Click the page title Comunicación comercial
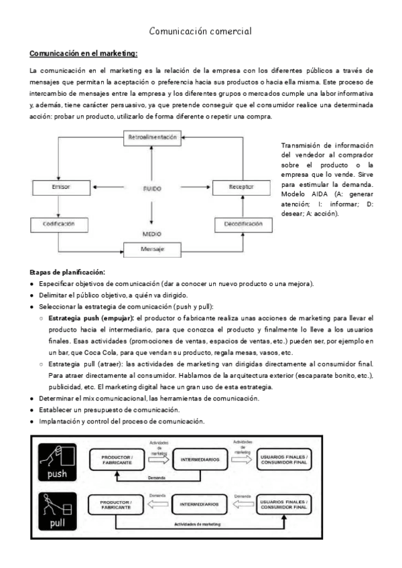[200, 31]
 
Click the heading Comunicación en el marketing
[84, 53]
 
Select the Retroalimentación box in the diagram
[152, 137]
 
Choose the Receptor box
[241, 187]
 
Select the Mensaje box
[152, 249]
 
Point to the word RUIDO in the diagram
[152, 189]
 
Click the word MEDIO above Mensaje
[152, 234]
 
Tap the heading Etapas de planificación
[68, 272]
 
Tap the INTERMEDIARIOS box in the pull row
[198, 504]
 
